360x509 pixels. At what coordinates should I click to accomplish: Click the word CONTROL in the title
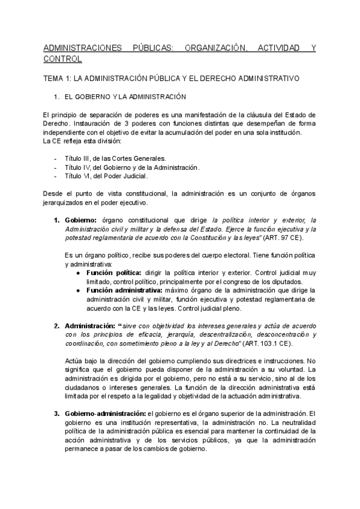pyautogui.click(x=63, y=59)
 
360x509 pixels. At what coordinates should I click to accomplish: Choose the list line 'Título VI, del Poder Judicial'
pyautogui.click(x=106, y=176)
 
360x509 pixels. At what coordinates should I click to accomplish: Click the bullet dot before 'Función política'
pyautogui.click(x=79, y=273)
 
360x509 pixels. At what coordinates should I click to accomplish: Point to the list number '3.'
pyautogui.click(x=57, y=413)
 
